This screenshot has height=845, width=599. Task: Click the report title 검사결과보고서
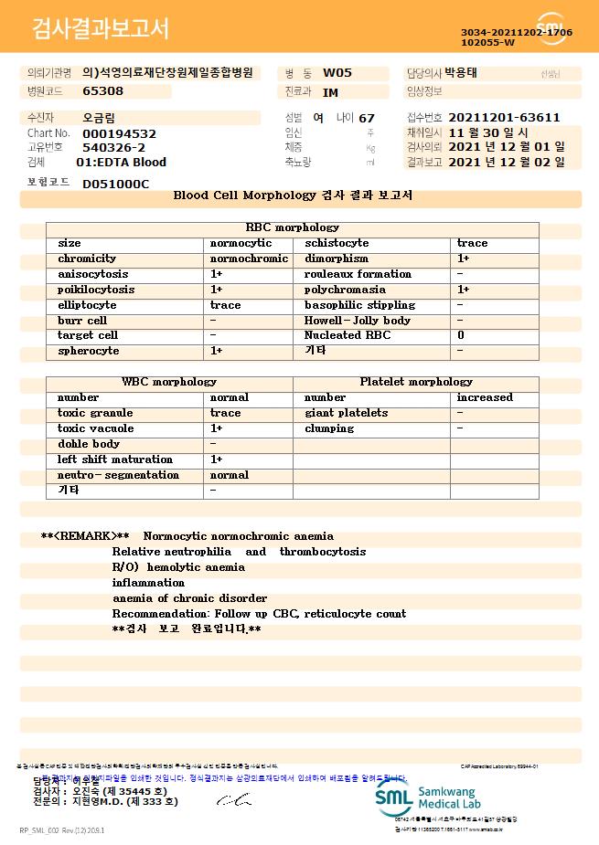(101, 29)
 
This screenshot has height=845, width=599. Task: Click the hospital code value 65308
(102, 91)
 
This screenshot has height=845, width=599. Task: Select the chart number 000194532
(119, 133)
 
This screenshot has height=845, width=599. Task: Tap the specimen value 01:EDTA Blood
(121, 163)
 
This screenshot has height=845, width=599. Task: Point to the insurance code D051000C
(115, 184)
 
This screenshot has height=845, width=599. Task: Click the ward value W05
(337, 73)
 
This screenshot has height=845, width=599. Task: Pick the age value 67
(367, 118)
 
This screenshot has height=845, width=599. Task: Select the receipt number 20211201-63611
(504, 118)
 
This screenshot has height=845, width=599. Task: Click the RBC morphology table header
(292, 227)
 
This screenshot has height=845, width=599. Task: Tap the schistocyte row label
(337, 243)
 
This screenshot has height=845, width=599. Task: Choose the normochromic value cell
(249, 259)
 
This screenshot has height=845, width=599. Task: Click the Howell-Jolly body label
(358, 321)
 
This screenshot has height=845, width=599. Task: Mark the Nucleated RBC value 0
(461, 336)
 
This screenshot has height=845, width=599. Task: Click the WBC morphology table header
(169, 382)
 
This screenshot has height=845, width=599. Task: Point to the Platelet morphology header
(416, 382)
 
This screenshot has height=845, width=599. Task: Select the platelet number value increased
(485, 397)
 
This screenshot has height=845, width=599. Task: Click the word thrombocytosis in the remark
(323, 552)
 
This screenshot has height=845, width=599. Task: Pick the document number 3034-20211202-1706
(517, 32)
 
